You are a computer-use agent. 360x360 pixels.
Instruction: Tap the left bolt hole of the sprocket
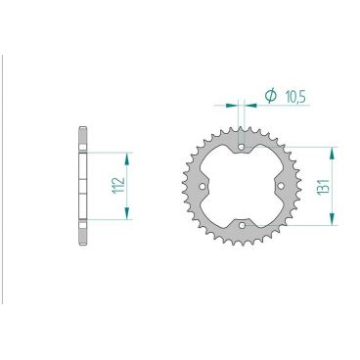(202, 185)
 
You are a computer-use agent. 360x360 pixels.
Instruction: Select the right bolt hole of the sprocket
(281, 185)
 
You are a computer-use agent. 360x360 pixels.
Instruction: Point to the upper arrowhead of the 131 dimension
(335, 151)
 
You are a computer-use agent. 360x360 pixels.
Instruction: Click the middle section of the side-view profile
(81, 185)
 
